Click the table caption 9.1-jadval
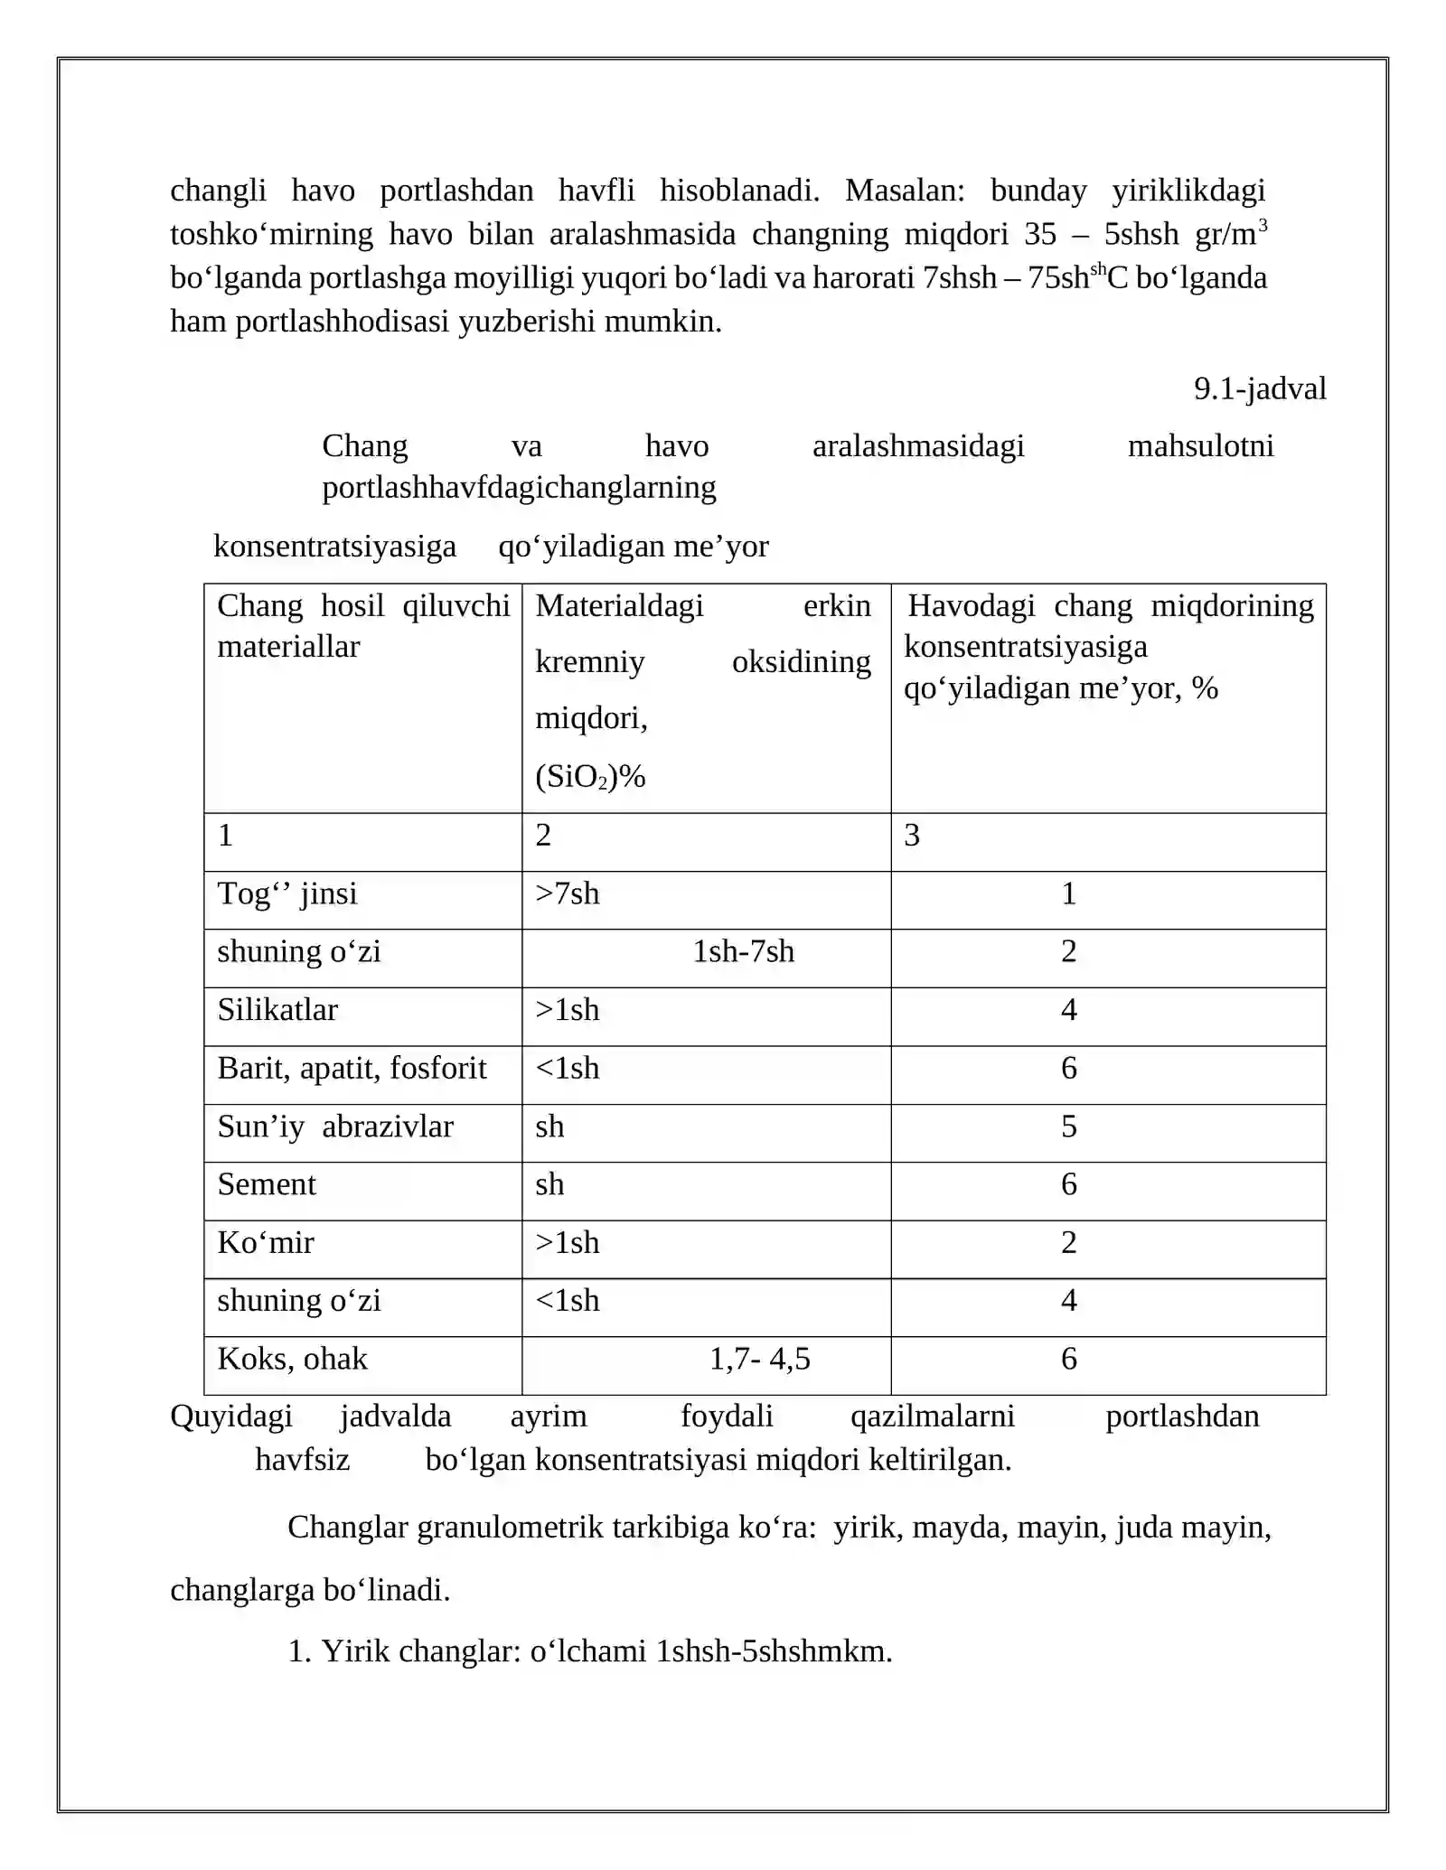[x=1259, y=389]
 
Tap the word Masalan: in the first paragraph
[x=905, y=191]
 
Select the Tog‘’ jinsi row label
[x=287, y=893]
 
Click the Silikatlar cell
[x=277, y=1010]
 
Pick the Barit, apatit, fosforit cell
[x=352, y=1068]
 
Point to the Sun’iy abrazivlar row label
[x=335, y=1127]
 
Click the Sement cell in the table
[x=267, y=1184]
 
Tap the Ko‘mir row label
[x=266, y=1243]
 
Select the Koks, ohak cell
[x=292, y=1359]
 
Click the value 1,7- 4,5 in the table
[x=759, y=1359]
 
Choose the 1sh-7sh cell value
[x=743, y=951]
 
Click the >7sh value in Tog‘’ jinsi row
[x=567, y=893]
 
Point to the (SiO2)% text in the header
[x=590, y=777]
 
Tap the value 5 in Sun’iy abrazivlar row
[x=1068, y=1127]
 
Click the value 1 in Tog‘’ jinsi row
[x=1068, y=893]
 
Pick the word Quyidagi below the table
[x=231, y=1416]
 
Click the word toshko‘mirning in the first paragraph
[x=271, y=234]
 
